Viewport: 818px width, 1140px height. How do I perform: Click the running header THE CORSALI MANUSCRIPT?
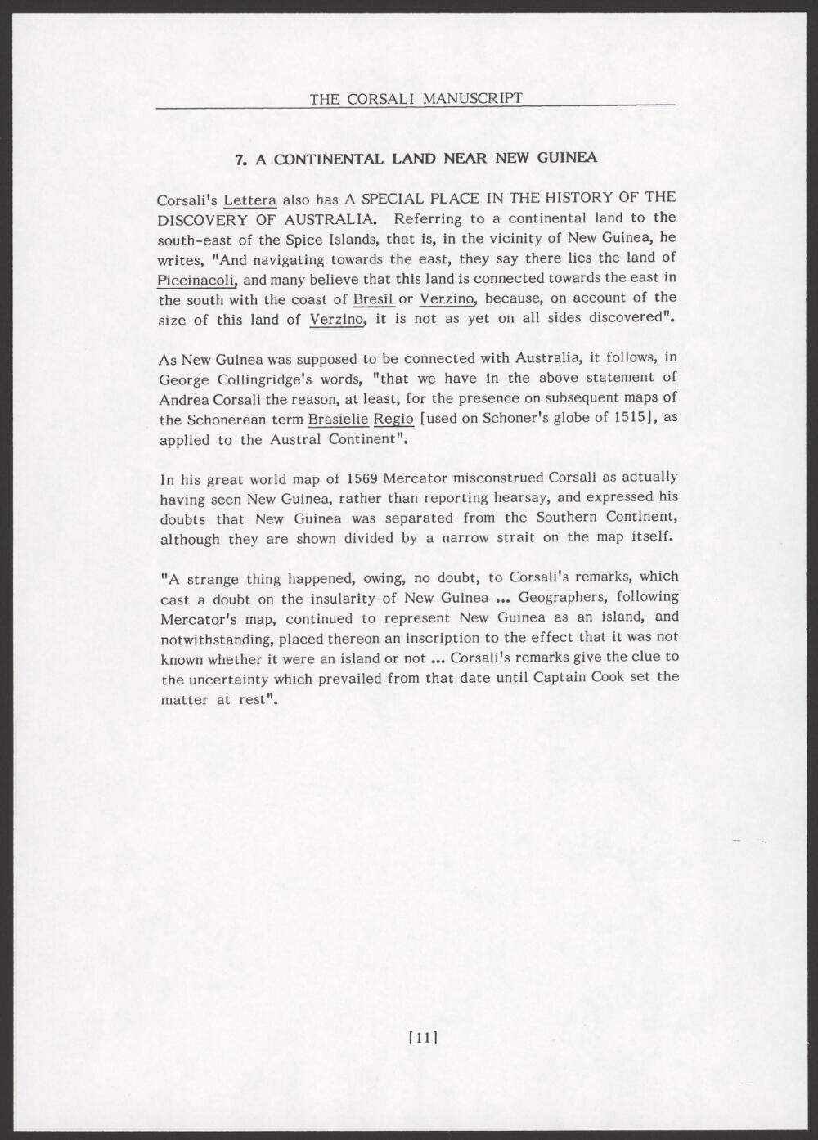[416, 98]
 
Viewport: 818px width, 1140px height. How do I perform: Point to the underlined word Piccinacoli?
[196, 280]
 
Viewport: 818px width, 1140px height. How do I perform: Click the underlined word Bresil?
[373, 299]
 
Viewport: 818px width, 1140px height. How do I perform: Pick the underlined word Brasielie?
[338, 420]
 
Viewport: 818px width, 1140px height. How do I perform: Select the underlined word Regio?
[393, 420]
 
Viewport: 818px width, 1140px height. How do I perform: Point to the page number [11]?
[423, 1039]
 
